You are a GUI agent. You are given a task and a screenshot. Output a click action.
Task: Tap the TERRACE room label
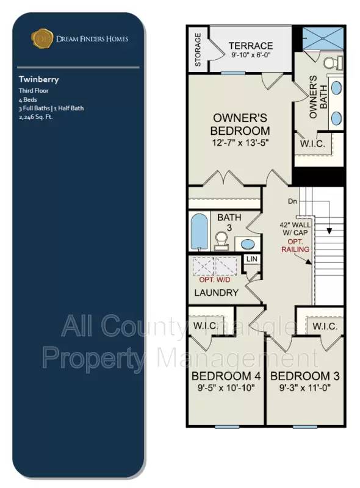[251, 46]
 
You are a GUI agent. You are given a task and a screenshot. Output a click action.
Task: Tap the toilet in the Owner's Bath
[331, 63]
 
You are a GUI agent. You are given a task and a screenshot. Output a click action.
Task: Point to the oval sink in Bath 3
[247, 245]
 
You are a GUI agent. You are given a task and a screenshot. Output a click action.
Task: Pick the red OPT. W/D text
[214, 280]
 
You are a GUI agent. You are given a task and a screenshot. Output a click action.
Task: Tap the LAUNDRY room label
[216, 293]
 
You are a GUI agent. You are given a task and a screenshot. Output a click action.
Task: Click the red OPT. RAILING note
[296, 245]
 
